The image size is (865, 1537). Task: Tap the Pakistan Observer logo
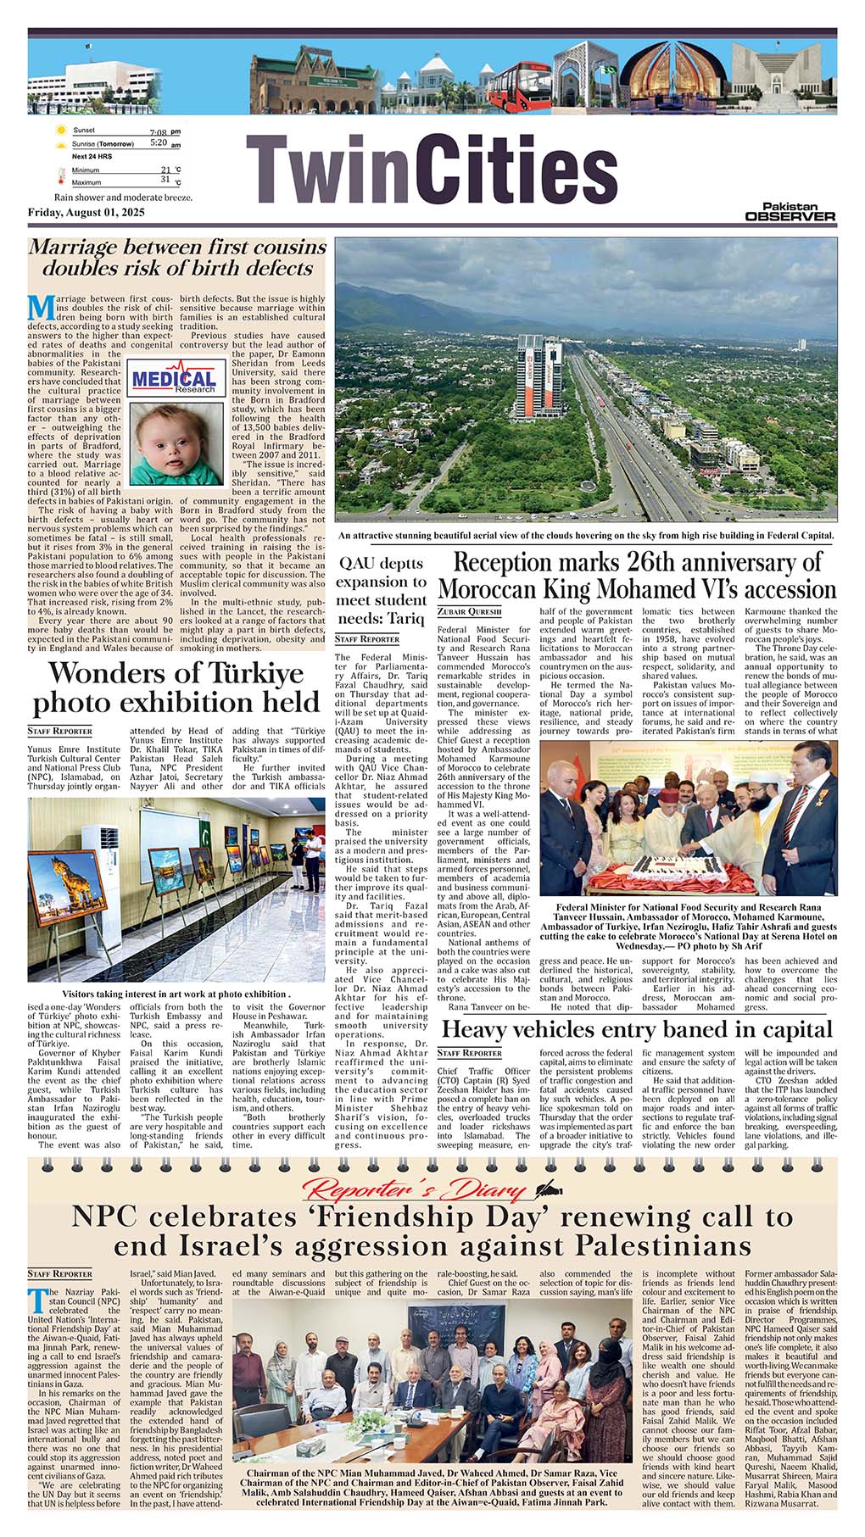[x=790, y=212]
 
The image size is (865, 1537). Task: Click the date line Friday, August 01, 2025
[x=87, y=212]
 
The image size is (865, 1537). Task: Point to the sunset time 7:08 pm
[x=164, y=132]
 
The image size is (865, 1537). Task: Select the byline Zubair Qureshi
[x=470, y=611]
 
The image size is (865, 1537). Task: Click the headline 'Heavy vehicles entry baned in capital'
[x=637, y=1030]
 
